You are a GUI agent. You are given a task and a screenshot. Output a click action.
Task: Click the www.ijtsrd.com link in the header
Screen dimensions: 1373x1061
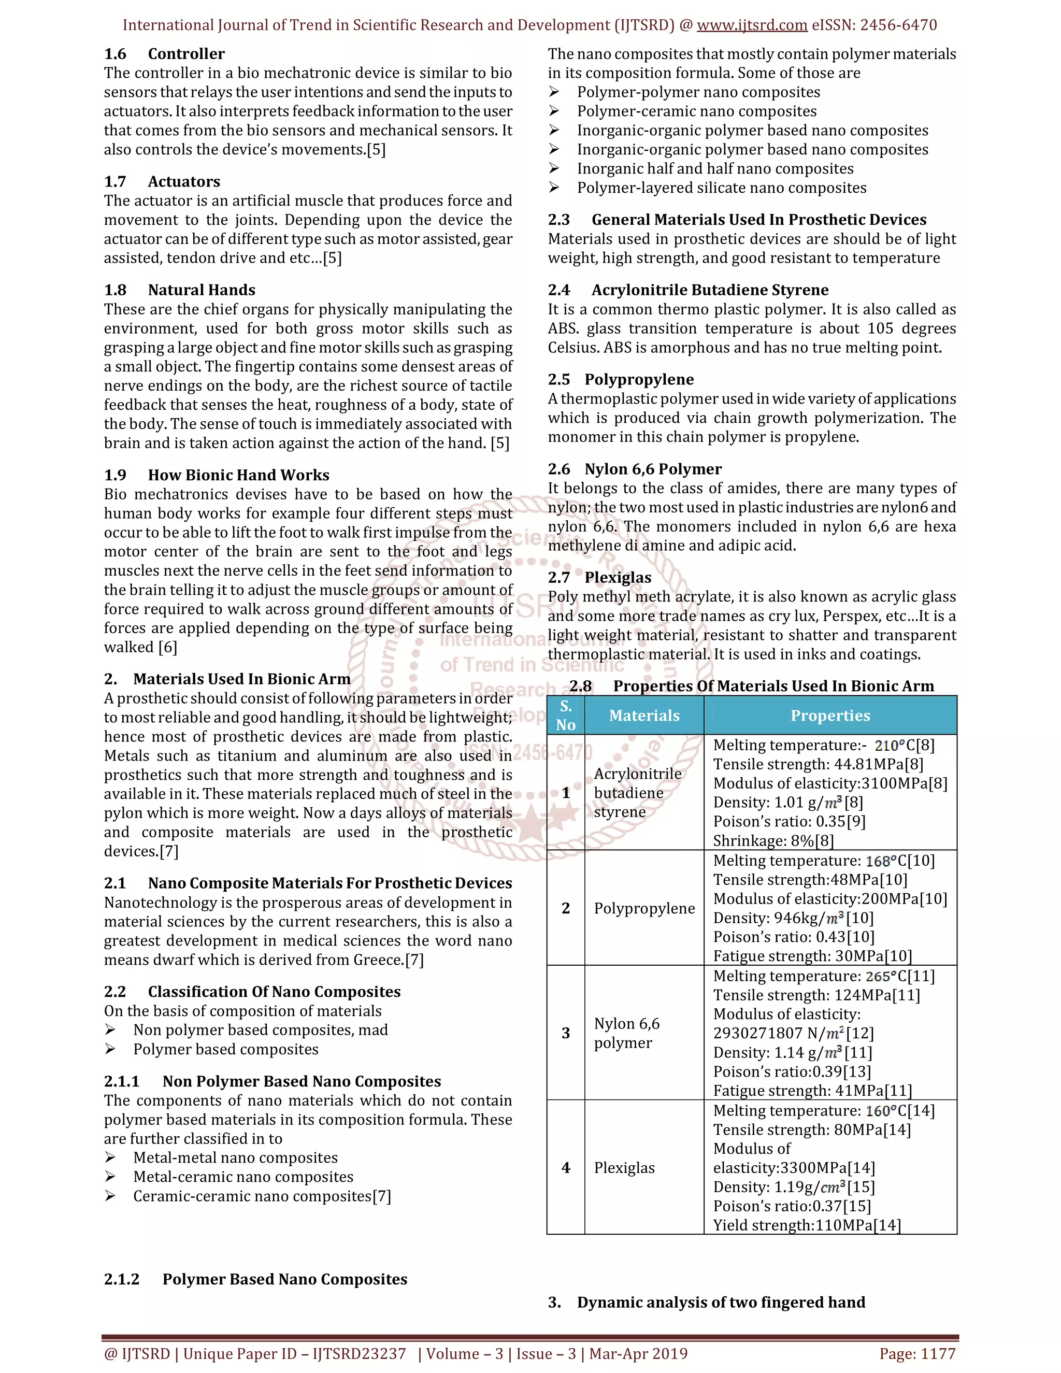(752, 25)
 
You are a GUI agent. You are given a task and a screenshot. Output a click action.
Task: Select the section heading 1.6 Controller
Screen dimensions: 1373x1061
(164, 54)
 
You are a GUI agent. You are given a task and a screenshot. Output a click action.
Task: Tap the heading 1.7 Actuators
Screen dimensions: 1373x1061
(162, 182)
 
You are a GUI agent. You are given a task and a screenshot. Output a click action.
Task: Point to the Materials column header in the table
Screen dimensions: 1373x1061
(644, 716)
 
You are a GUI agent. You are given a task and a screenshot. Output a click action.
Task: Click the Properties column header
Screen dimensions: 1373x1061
(830, 716)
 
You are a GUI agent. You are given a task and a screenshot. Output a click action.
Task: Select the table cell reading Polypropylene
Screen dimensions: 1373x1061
(644, 908)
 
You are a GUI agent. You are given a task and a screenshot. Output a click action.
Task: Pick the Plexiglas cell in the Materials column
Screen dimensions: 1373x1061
(624, 1168)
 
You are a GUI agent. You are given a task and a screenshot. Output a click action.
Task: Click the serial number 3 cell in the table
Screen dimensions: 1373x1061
(566, 1033)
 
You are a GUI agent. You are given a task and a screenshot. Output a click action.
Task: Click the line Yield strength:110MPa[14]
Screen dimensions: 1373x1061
(807, 1225)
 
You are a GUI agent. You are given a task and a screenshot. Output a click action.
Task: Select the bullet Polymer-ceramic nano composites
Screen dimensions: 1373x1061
(696, 111)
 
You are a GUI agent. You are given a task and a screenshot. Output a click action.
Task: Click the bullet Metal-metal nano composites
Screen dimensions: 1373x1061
(235, 1158)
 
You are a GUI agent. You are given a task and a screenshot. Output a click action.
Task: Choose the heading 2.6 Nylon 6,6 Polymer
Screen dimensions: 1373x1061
(634, 469)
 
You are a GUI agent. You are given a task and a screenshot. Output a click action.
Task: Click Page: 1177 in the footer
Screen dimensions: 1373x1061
(917, 1353)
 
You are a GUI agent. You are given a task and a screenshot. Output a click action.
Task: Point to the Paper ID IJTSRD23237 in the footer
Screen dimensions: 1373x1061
(359, 1353)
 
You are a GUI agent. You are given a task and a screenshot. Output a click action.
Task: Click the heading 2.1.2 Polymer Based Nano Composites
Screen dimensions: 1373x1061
(255, 1279)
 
